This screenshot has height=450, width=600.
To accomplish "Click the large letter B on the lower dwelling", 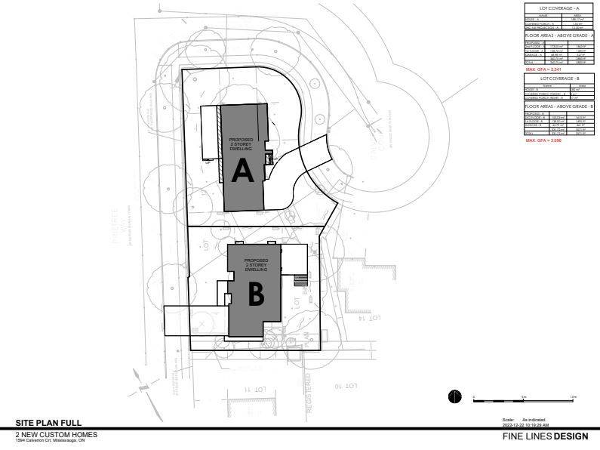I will (x=256, y=295).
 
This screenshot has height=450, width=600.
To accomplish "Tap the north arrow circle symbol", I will (x=454, y=396).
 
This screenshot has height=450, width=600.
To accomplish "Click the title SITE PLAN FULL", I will (x=48, y=423).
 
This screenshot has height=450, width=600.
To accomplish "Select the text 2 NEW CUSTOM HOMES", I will (x=57, y=434).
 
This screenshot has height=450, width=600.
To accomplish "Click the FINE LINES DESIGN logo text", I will (x=549, y=436).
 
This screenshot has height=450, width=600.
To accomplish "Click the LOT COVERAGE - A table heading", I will (x=561, y=7).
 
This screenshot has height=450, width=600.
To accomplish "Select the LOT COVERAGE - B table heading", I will (x=561, y=78).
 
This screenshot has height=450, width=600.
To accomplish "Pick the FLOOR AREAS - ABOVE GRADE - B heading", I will (x=561, y=106).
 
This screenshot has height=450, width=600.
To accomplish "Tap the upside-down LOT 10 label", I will (x=345, y=385).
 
